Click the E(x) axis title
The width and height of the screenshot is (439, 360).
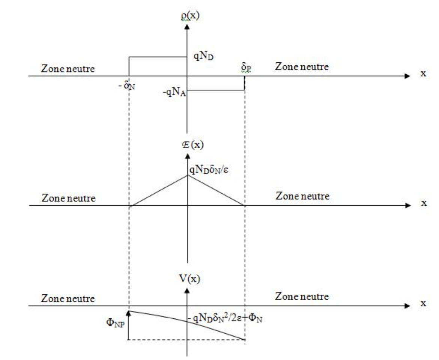coord(192,146)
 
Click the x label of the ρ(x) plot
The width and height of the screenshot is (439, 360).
coord(424,74)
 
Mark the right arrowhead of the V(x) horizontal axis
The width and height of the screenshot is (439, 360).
coord(408,306)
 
